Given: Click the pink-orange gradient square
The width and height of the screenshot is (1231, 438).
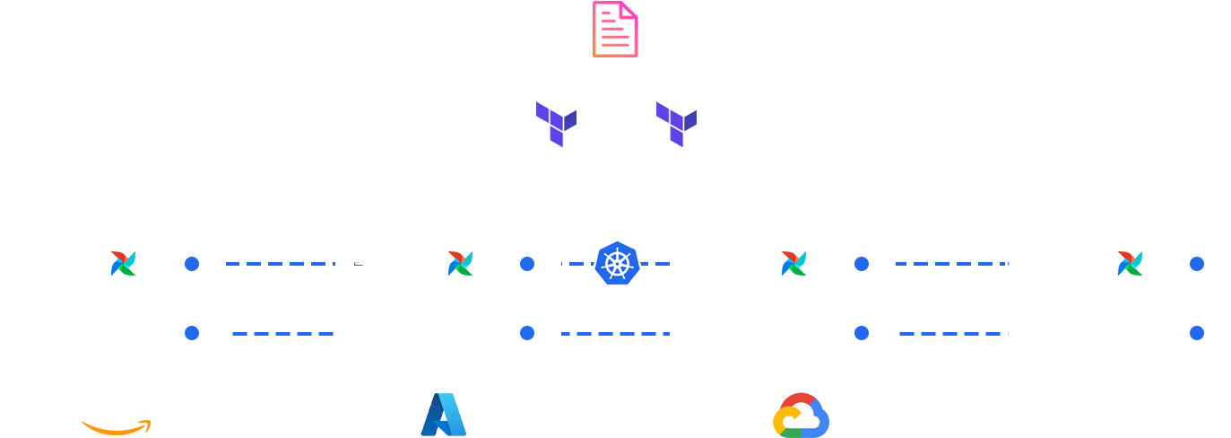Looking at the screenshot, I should (620, 29).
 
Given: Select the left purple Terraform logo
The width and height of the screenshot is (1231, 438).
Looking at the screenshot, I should (556, 124).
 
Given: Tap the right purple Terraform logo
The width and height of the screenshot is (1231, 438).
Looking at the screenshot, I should (676, 124).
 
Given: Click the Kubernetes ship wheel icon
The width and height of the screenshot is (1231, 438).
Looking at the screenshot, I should (617, 264).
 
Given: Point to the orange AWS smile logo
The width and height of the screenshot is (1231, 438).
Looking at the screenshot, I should (116, 423).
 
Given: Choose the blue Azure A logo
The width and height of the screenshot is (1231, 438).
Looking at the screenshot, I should (443, 415).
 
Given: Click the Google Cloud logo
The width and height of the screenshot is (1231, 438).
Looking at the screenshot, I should (801, 416).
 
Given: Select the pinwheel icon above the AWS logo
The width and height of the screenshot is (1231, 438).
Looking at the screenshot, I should (123, 263).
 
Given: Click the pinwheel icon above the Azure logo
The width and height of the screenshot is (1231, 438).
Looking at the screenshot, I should (460, 263).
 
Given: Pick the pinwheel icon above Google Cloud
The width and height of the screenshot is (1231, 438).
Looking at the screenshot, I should (793, 263).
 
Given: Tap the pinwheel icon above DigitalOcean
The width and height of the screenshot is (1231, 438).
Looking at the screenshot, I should (1130, 263).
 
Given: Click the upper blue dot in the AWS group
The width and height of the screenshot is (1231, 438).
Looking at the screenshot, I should (192, 264).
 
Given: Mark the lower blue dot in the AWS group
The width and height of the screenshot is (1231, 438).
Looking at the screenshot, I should (192, 333).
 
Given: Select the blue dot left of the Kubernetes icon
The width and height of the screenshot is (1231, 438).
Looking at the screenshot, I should (527, 264).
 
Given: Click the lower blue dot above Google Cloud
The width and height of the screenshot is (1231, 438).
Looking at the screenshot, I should (862, 333).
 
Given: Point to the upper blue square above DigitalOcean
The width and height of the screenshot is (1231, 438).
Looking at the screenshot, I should (1196, 264).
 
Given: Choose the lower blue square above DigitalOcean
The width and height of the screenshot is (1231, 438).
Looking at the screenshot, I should (1196, 333).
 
